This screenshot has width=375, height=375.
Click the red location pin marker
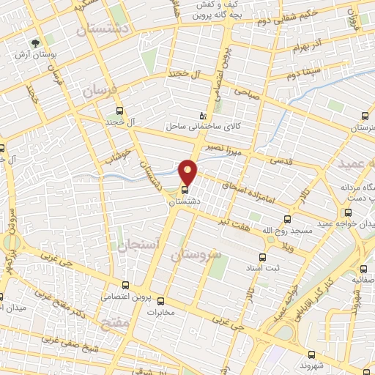click(188, 172)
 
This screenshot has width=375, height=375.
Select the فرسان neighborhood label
click(99, 92)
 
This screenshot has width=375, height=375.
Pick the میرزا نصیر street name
click(235, 149)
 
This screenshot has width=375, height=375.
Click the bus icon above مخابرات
click(161, 300)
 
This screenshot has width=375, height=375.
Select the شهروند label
click(316, 365)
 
